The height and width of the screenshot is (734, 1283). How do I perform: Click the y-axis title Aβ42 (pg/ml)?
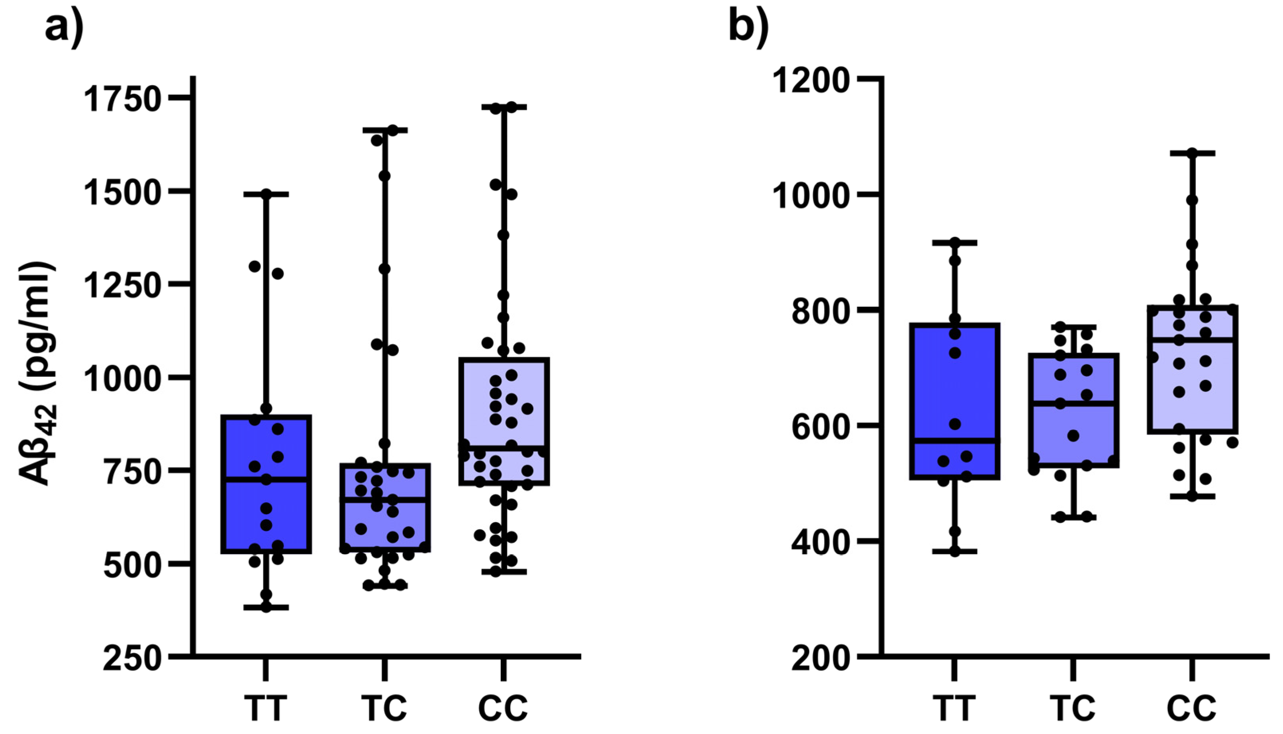click(38, 373)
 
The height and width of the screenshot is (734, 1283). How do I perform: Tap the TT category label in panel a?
click(266, 708)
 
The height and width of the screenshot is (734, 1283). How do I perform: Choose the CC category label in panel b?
click(1192, 708)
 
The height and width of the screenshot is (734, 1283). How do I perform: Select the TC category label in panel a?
click(384, 708)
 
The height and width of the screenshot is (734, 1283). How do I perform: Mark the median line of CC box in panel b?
click(1192, 340)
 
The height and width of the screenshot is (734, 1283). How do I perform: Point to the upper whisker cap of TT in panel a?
click(266, 194)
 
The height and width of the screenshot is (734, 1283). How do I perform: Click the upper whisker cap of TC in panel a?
click(384, 130)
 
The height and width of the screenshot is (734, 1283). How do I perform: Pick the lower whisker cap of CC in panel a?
click(503, 572)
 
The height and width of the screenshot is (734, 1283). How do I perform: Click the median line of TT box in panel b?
click(955, 440)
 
